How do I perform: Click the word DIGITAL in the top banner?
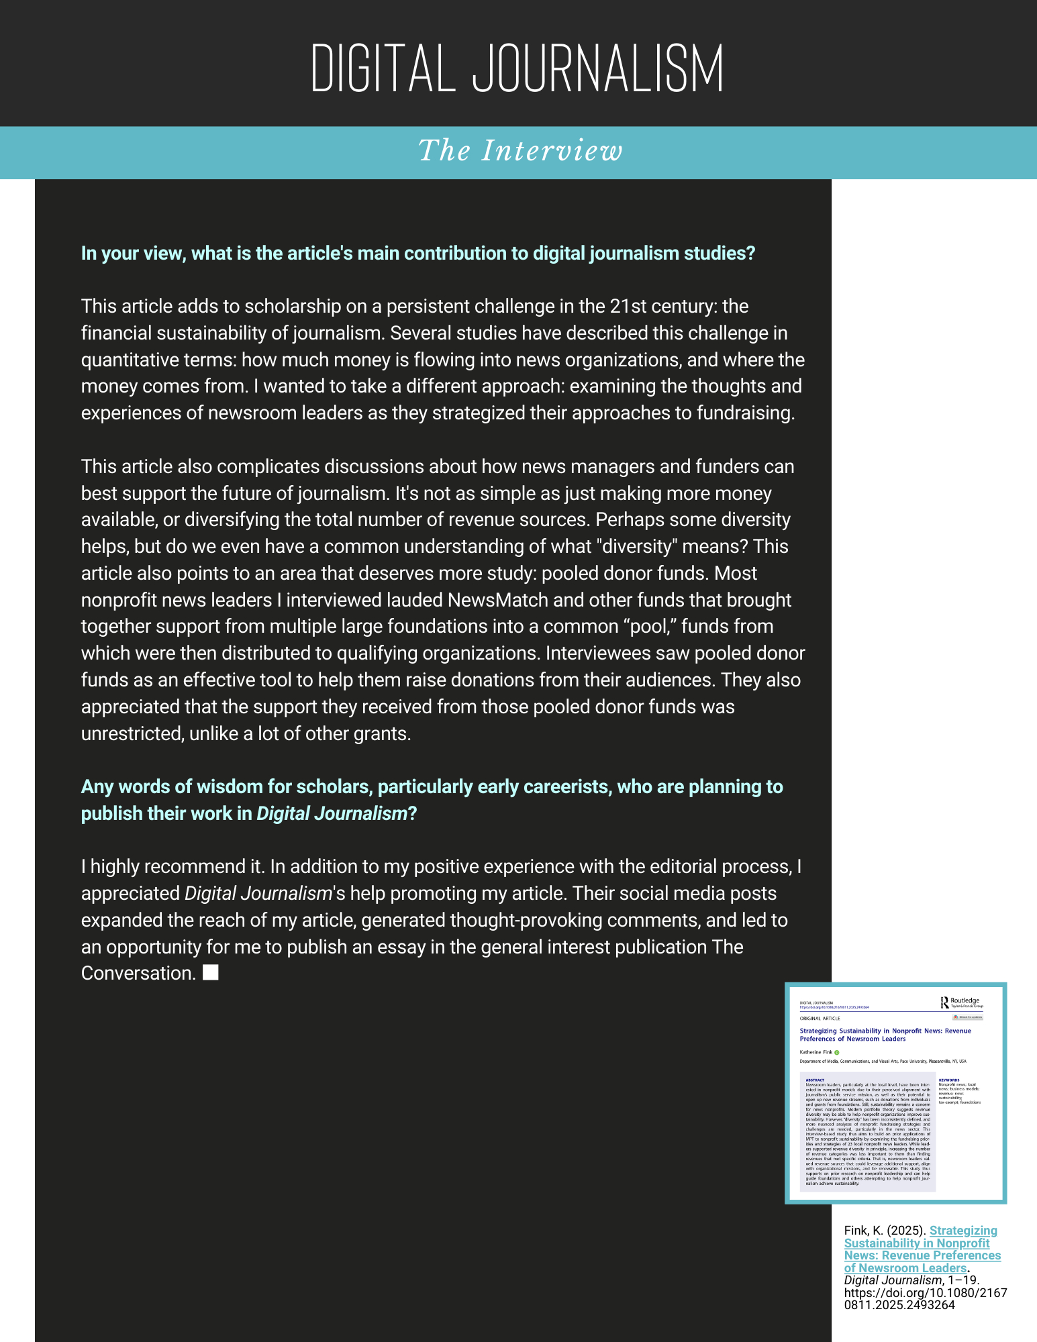point(383,69)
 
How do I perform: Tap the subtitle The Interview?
point(520,151)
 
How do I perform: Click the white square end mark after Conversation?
point(211,972)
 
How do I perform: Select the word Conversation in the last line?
point(138,974)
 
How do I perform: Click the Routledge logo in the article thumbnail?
point(961,1002)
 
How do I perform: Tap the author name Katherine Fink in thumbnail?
point(816,1052)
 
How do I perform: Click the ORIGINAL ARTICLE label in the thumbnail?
point(820,1019)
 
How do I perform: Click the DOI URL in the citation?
point(925,1298)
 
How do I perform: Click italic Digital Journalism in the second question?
point(332,814)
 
